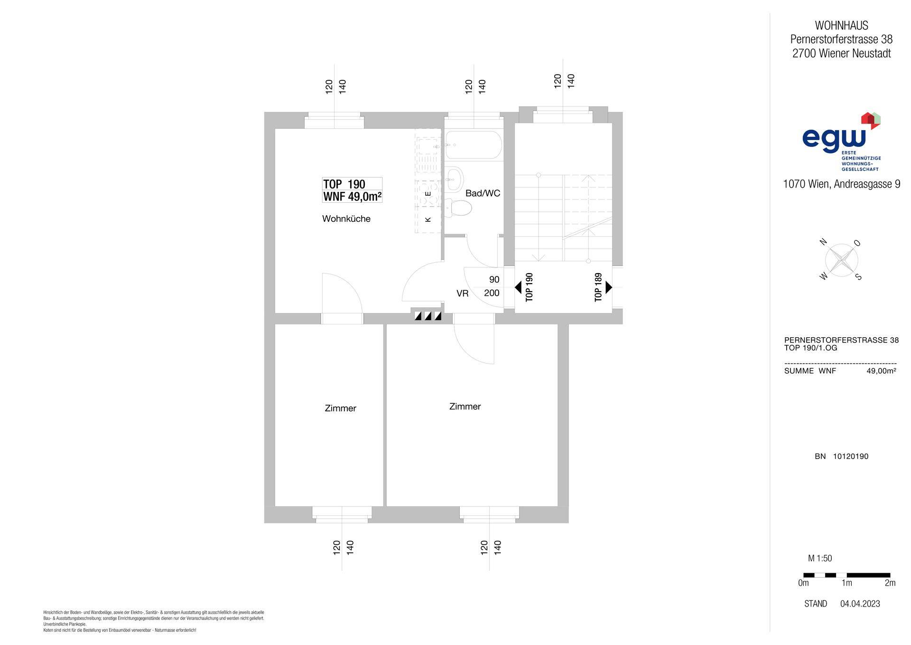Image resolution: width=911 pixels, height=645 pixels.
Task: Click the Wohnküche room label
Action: [346, 219]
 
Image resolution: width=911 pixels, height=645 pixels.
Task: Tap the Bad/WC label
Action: [483, 193]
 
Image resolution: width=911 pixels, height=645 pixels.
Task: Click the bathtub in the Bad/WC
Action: [474, 145]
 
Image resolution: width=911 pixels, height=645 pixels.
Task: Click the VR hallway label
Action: [463, 294]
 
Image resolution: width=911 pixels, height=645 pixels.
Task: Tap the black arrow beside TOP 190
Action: [518, 287]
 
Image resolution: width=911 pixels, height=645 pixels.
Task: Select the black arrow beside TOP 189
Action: [609, 287]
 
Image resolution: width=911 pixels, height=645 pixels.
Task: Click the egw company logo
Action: [841, 142]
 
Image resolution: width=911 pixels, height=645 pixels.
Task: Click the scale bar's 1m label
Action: [846, 583]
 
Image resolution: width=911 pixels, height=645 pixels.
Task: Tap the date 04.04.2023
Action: [860, 604]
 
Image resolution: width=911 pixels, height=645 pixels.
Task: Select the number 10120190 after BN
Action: [851, 456]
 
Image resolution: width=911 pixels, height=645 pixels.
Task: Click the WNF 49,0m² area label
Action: [353, 196]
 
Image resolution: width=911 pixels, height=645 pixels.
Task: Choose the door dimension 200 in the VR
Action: [492, 293]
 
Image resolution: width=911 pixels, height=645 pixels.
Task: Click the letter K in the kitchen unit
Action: [428, 219]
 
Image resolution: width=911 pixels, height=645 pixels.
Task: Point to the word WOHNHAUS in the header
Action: [841, 26]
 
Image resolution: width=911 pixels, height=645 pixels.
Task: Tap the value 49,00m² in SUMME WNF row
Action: [881, 371]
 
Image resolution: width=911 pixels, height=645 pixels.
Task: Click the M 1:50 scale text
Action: [820, 559]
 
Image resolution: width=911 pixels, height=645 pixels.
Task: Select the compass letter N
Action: [823, 242]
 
